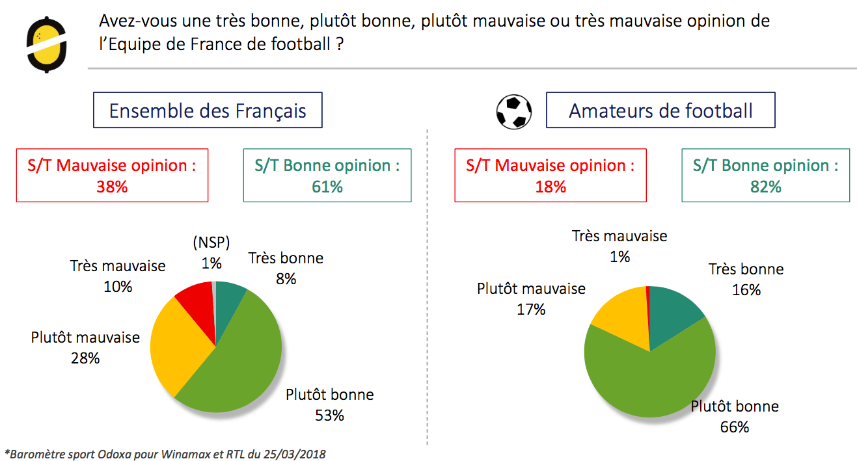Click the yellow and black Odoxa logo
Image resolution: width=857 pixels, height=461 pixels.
(47, 45)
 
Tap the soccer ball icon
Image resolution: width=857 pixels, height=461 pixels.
(514, 112)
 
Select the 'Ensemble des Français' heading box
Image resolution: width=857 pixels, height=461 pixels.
(208, 110)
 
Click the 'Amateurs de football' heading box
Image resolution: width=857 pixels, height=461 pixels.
(660, 110)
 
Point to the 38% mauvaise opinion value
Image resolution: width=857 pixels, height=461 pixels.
(112, 187)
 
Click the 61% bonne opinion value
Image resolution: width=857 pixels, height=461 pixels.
(327, 187)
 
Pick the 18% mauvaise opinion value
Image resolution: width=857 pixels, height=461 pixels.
(551, 187)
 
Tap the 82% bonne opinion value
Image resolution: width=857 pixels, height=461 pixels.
(765, 187)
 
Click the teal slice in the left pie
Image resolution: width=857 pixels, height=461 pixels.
(228, 302)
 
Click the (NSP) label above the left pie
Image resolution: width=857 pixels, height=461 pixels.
(211, 243)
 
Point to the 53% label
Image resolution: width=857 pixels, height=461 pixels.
(329, 415)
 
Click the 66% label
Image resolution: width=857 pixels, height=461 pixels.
(735, 427)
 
